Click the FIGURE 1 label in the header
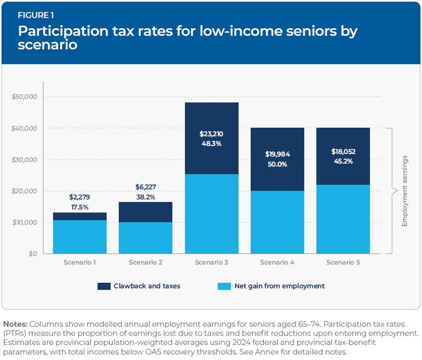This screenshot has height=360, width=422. (36, 14)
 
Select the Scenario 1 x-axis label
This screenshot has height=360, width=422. (80, 262)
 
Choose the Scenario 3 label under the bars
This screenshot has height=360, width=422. (211, 262)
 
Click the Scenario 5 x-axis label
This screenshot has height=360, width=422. (343, 262)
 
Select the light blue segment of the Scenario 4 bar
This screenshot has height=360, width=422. (277, 222)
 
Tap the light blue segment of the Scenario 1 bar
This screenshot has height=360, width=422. (80, 237)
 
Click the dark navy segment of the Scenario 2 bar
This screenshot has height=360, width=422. (146, 211)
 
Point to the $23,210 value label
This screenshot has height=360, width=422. (212, 134)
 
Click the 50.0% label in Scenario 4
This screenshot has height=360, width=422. (277, 165)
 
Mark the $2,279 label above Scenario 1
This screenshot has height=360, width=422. (80, 196)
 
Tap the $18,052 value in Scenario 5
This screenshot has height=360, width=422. (343, 152)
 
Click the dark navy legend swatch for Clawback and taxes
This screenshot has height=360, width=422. (104, 286)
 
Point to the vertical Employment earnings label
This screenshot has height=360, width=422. (405, 191)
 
